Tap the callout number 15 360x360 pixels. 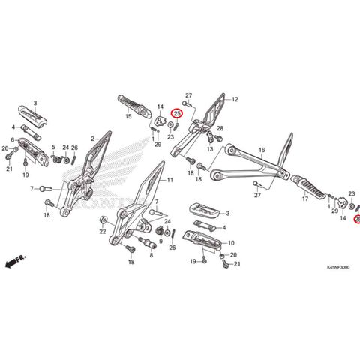tap(128, 116)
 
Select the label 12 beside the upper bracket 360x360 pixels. tap(234, 99)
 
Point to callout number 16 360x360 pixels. tap(262, 151)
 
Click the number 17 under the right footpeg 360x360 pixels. tap(305, 200)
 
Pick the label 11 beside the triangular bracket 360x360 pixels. tap(169, 181)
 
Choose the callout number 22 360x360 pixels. tap(102, 232)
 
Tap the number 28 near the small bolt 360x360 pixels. tap(220, 129)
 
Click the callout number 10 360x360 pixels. tap(231, 242)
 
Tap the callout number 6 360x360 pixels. tap(13, 139)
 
